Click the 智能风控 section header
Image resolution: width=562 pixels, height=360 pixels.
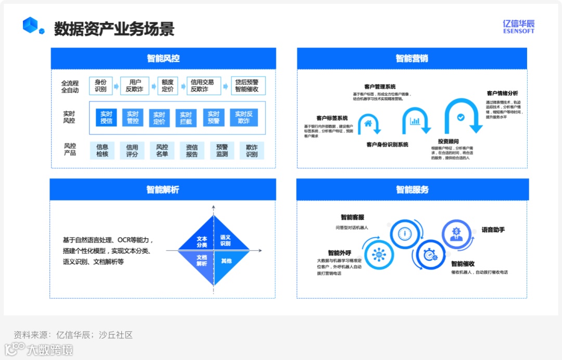pyautogui.click(x=163, y=58)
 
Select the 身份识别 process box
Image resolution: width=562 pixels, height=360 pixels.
pyautogui.click(x=100, y=86)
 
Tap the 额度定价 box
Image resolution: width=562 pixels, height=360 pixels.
pyautogui.click(x=168, y=86)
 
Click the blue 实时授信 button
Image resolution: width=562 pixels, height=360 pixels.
pyautogui.click(x=106, y=118)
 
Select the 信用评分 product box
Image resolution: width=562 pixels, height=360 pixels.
pyautogui.click(x=132, y=151)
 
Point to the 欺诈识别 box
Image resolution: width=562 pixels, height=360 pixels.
pyautogui.click(x=252, y=151)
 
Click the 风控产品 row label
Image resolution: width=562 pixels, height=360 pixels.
pyautogui.click(x=70, y=149)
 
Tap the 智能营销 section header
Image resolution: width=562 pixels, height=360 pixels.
pyautogui.click(x=412, y=58)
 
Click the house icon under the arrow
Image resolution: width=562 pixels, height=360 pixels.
pyautogui.click(x=368, y=123)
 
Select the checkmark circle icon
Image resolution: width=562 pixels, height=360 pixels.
pyautogui.click(x=460, y=118)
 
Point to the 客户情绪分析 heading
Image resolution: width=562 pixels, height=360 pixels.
pyautogui.click(x=502, y=93)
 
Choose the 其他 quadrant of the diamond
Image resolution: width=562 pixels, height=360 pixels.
pyautogui.click(x=226, y=261)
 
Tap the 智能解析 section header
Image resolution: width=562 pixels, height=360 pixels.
pyautogui.click(x=162, y=190)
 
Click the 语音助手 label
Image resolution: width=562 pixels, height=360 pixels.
pyautogui.click(x=493, y=229)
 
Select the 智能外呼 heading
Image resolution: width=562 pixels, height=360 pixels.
pyautogui.click(x=339, y=253)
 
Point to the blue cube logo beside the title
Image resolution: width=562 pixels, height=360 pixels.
pyautogui.click(x=32, y=25)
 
